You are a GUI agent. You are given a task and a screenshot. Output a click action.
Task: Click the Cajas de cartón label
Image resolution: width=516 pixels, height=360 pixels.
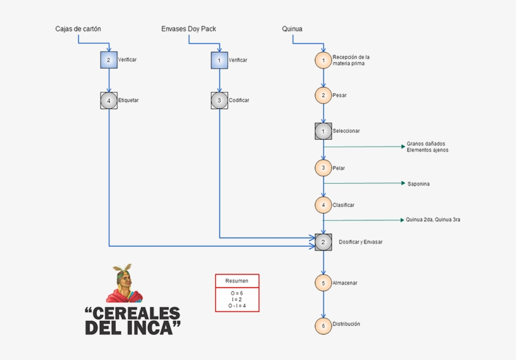click(78, 29)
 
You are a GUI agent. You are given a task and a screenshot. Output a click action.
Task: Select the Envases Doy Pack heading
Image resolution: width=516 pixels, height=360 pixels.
click(189, 29)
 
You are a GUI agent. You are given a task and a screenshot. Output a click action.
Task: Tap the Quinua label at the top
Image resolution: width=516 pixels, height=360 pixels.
click(292, 29)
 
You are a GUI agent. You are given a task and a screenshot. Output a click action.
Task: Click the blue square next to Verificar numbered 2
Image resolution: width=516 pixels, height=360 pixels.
click(109, 60)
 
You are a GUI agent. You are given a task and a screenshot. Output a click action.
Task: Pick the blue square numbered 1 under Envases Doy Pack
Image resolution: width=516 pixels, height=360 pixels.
click(219, 60)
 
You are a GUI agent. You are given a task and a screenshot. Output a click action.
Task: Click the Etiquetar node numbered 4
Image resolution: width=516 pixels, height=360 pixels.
click(109, 101)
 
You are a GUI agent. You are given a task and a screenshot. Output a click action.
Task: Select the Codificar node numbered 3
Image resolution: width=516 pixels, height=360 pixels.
click(219, 101)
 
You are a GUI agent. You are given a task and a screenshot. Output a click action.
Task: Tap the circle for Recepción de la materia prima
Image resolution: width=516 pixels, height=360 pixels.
click(323, 60)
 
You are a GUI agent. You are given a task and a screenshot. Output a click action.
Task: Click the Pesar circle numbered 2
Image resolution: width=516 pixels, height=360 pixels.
click(323, 95)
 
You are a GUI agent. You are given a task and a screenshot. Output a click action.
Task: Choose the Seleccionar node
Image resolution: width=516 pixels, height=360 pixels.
click(323, 132)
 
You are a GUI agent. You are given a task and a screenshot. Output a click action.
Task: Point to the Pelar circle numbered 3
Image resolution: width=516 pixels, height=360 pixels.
click(323, 168)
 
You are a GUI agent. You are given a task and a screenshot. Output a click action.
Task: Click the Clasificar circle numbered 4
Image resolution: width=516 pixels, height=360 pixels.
click(323, 205)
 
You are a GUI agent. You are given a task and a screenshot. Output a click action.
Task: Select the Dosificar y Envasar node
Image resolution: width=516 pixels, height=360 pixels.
click(323, 242)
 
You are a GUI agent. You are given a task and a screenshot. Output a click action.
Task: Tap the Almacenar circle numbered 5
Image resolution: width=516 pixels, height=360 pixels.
click(323, 283)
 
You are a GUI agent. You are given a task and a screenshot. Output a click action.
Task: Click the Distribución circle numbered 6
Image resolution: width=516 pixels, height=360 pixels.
click(323, 325)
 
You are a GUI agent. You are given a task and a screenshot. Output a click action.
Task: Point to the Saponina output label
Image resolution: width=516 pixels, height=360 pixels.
click(418, 184)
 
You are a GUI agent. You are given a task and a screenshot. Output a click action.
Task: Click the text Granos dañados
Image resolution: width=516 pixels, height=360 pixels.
click(426, 143)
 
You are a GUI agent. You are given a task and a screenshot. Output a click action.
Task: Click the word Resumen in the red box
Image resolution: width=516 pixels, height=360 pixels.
click(237, 281)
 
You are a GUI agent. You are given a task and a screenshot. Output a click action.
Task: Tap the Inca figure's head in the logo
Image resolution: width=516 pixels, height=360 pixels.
click(124, 276)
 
